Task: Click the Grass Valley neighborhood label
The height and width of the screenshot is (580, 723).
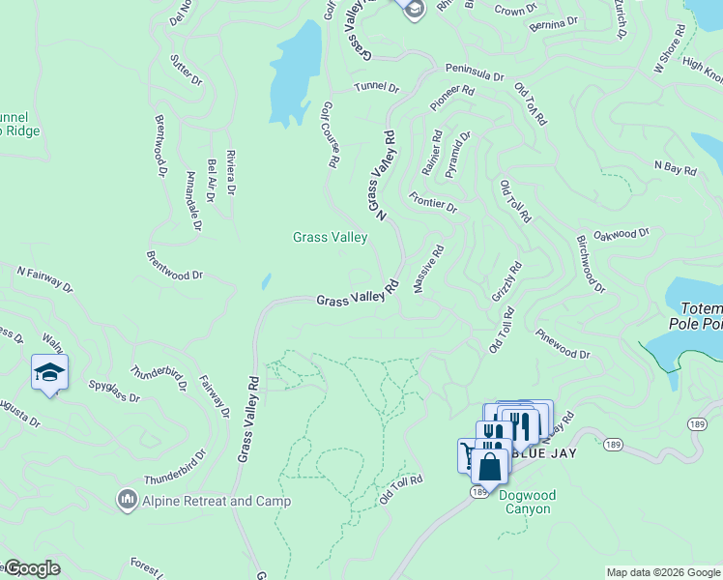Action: click(x=331, y=237)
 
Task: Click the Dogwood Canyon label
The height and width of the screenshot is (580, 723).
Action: click(x=527, y=503)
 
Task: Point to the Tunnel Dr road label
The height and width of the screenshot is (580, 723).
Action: click(x=376, y=87)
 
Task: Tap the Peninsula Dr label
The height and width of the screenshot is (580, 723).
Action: click(x=475, y=73)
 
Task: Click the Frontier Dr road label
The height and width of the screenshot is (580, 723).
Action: click(x=432, y=201)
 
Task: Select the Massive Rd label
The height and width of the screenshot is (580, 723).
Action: click(x=428, y=269)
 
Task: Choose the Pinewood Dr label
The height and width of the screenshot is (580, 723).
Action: click(x=562, y=347)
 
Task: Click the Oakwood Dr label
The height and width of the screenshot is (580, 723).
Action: click(x=622, y=234)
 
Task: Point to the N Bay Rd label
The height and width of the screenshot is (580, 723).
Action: click(x=675, y=169)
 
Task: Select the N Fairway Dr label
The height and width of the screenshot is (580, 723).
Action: click(x=44, y=278)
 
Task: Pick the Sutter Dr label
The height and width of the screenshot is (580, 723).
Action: click(x=186, y=71)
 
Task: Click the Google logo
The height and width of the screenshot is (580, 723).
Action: click(x=31, y=568)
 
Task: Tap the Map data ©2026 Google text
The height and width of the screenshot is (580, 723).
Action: click(x=662, y=572)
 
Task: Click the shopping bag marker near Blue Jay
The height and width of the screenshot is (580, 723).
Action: click(x=491, y=467)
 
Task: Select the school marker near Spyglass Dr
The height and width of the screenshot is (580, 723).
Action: click(x=49, y=372)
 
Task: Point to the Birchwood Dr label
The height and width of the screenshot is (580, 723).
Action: click(x=590, y=263)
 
